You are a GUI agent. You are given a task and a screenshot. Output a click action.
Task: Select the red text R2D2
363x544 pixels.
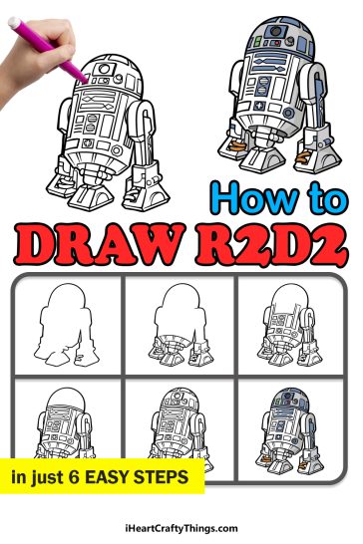click(x=268, y=241)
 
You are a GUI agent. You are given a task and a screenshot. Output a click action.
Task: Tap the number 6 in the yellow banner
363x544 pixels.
click(x=77, y=477)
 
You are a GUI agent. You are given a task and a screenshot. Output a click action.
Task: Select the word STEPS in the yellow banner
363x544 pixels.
click(x=165, y=477)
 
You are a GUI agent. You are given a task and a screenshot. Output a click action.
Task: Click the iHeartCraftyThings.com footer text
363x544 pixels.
click(x=181, y=528)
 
